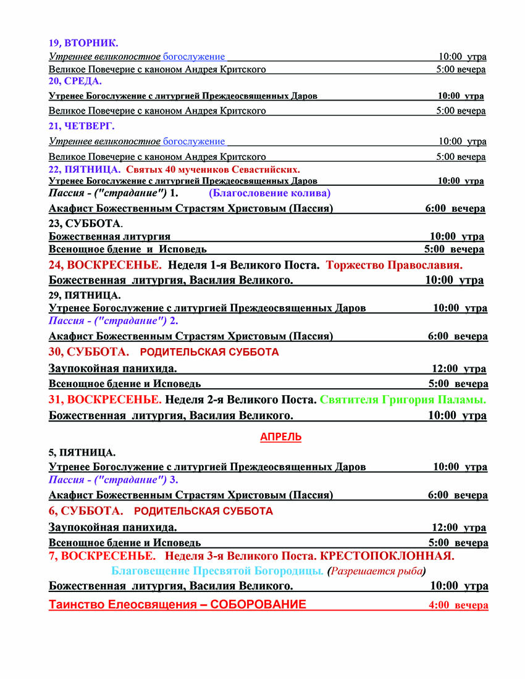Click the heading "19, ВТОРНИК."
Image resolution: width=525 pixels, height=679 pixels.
click(83, 43)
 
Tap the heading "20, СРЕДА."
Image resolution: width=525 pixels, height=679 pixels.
click(75, 81)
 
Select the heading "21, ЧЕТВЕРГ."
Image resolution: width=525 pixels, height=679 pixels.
click(82, 126)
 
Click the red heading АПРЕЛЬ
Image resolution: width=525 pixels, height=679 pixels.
click(280, 437)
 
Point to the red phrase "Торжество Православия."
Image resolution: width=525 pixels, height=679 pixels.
click(394, 265)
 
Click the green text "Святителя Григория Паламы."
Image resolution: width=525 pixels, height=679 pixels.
click(403, 399)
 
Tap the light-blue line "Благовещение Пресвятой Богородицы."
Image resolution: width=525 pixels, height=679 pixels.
click(217, 570)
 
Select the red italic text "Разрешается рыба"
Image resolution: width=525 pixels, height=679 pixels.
click(377, 570)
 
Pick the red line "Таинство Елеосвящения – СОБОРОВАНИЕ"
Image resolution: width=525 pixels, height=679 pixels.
click(177, 604)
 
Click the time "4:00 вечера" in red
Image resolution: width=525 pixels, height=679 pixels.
click(458, 606)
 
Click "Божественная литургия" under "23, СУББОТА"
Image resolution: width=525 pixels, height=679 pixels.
click(109, 236)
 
